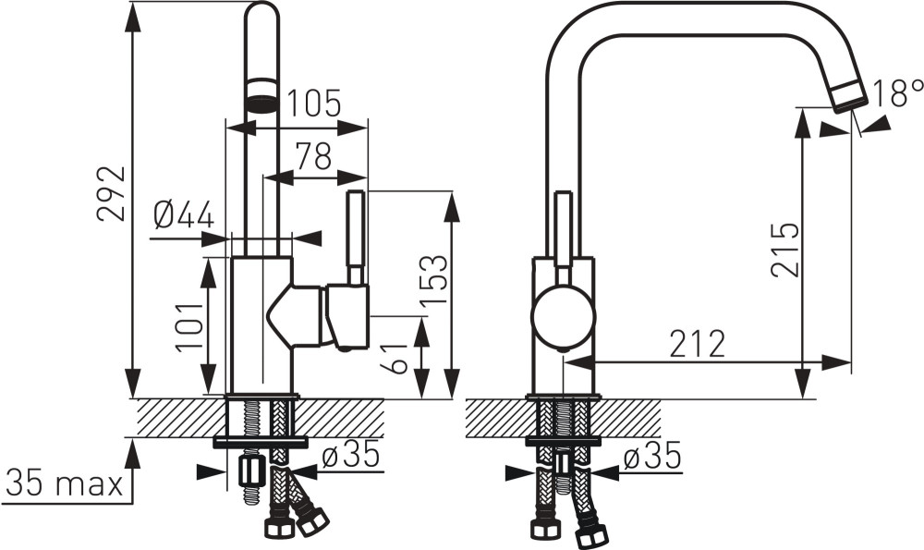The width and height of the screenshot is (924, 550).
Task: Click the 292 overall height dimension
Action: [112, 193]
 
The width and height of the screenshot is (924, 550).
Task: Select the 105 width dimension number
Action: [313, 104]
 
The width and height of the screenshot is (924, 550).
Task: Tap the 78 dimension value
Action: [313, 155]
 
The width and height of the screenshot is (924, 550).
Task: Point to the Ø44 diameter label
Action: [184, 214]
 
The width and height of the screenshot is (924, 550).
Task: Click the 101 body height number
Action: [189, 327]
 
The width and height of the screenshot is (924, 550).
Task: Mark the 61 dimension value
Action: [393, 359]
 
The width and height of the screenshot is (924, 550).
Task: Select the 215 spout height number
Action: [785, 250]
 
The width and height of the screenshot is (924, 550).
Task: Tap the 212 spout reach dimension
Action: [697, 344]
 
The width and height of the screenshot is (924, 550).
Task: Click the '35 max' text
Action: [65, 483]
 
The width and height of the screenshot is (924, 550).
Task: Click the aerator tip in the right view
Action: [848, 97]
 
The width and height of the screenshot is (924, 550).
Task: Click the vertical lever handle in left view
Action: [356, 237]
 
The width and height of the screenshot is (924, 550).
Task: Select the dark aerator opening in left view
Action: [261, 104]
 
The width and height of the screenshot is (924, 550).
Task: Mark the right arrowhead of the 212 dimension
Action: [836, 362]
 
